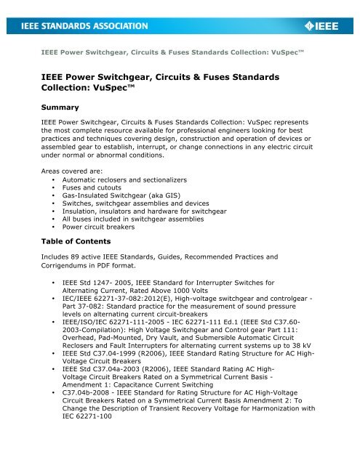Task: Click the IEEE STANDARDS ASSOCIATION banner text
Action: (80, 26)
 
